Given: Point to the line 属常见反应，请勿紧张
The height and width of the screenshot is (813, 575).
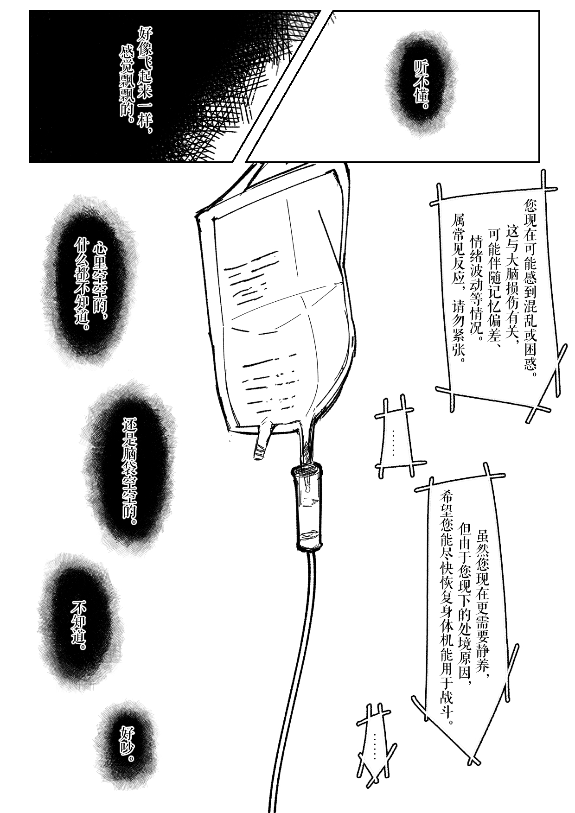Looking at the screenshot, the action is (x=457, y=283).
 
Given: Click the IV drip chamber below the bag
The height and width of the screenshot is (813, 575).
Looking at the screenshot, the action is (x=306, y=508).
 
